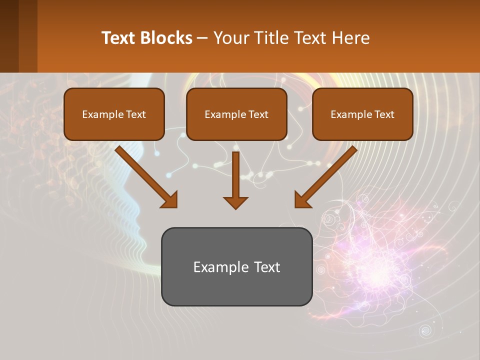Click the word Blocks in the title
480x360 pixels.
coord(166,38)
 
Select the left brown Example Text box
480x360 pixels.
coord(114,114)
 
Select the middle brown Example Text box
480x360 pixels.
coord(236,114)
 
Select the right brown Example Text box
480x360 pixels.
coord(362,114)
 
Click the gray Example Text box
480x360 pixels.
coord(236,267)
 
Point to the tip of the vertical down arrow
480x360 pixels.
coord(235,208)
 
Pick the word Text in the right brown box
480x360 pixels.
coord(384,114)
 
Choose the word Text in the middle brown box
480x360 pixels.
coord(258,114)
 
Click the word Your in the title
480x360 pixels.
coord(231,38)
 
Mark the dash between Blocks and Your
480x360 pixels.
coord(202,38)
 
